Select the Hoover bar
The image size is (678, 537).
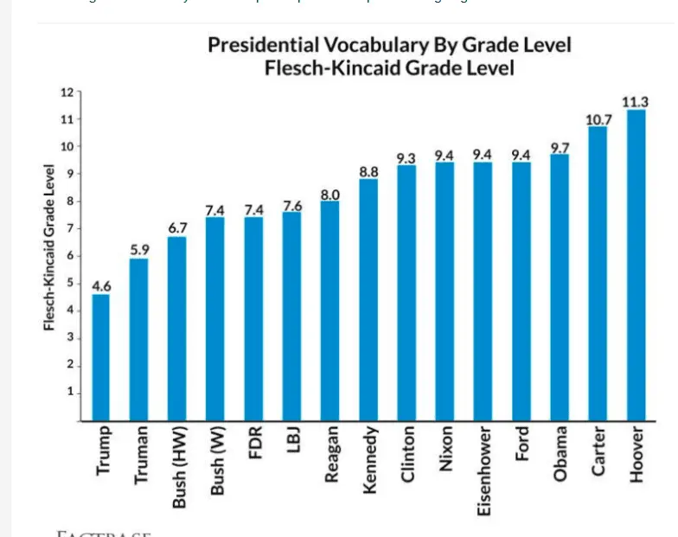tap(636, 265)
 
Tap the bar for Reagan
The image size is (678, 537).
tap(329, 310)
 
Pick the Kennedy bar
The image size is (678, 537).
tap(368, 299)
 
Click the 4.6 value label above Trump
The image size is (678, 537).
tap(101, 285)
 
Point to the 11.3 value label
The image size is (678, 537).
tap(636, 102)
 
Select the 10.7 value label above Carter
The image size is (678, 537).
tap(598, 119)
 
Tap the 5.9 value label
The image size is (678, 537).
tap(139, 250)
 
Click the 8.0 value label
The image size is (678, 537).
tap(329, 194)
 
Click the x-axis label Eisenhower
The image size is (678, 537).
tap(484, 470)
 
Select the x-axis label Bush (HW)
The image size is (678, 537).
tap(178, 467)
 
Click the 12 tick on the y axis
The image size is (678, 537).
tap(65, 92)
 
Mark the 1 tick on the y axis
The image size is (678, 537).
tap(68, 393)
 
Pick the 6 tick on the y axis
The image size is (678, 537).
tap(68, 256)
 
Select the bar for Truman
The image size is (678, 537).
tap(139, 339)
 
